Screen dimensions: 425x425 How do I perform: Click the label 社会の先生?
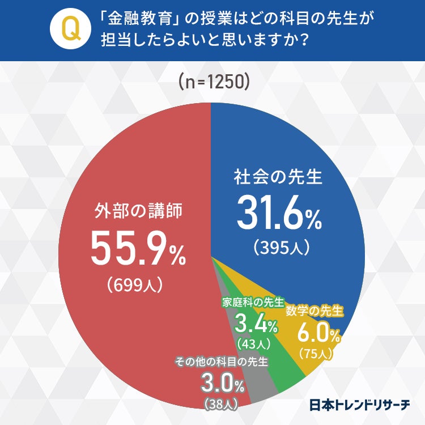click(x=278, y=177)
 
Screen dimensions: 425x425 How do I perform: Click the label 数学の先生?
click(x=314, y=311)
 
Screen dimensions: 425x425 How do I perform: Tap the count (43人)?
click(x=253, y=343)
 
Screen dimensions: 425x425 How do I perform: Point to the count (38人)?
click(x=221, y=404)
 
